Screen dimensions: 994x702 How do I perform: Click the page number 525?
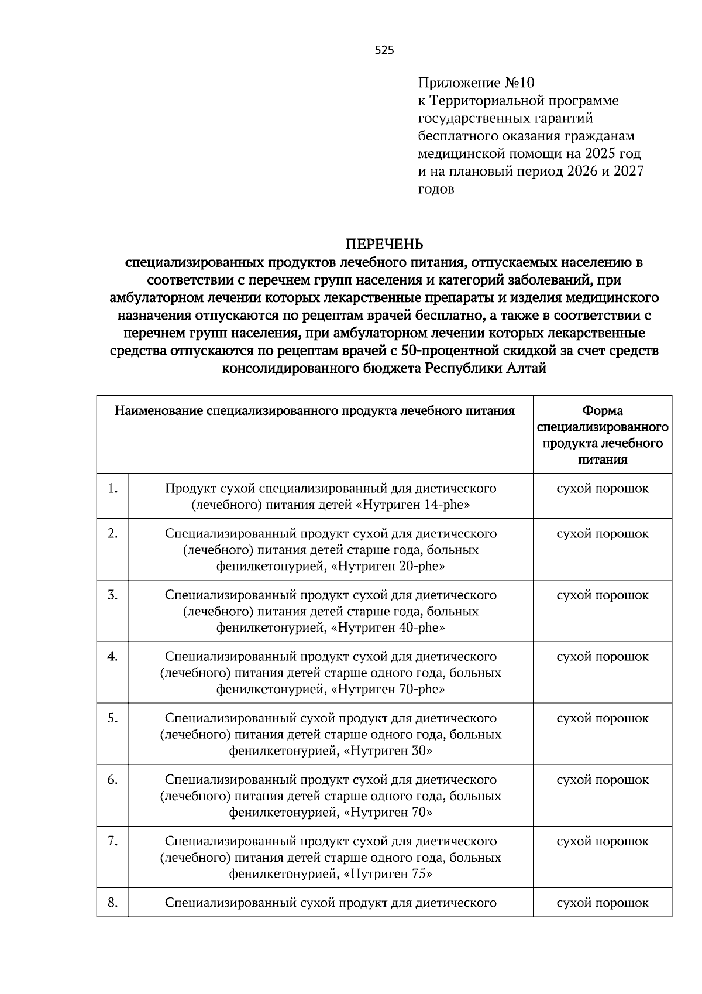(x=384, y=50)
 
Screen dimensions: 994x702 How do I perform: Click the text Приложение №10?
(x=476, y=83)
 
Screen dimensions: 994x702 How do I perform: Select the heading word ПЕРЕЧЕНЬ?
(x=384, y=244)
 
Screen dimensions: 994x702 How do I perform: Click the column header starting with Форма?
(x=603, y=435)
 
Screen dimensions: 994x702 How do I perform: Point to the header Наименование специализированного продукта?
(x=315, y=411)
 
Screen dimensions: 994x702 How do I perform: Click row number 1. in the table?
(x=113, y=488)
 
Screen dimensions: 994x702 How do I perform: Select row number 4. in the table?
(x=113, y=657)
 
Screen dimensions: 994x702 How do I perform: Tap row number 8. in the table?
(x=113, y=903)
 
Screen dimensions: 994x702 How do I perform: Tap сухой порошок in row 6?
(x=603, y=780)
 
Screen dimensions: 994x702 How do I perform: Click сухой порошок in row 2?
(x=603, y=534)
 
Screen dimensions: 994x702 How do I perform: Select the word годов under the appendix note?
(x=436, y=190)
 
